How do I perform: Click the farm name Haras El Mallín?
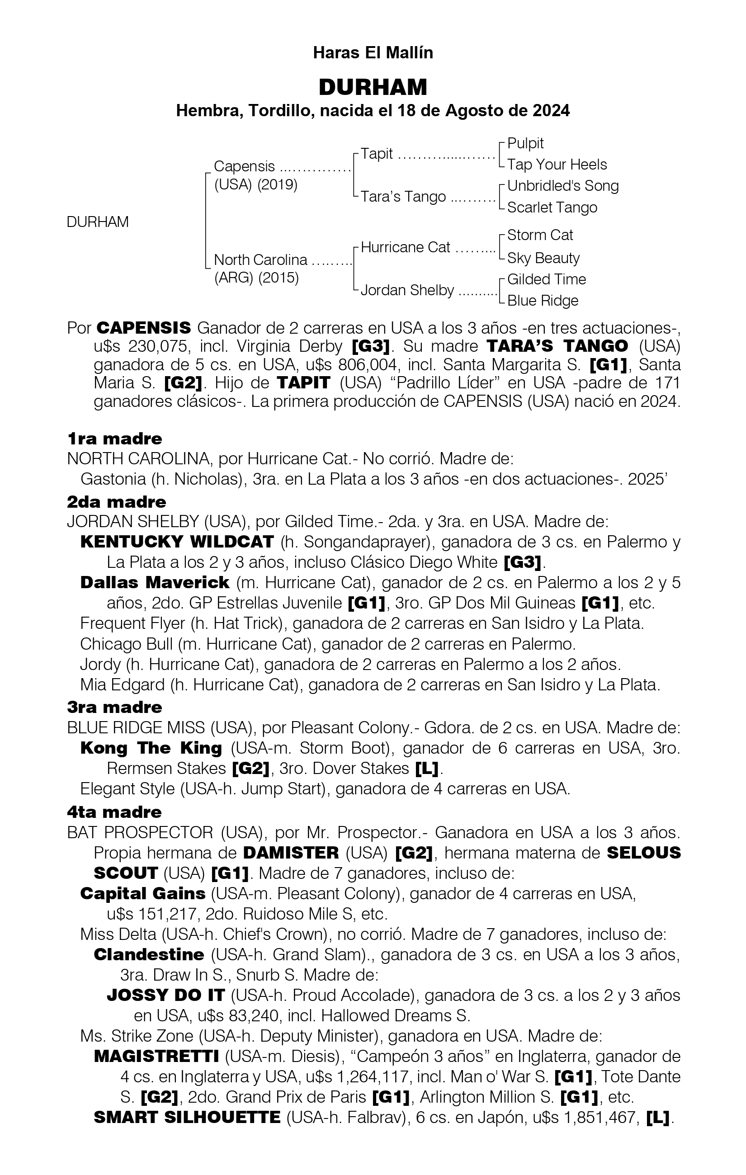tap(373, 53)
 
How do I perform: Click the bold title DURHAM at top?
tap(373, 87)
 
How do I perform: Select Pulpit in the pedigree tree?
tap(525, 143)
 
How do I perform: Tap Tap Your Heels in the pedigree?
tap(557, 165)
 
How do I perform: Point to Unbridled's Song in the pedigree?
tap(562, 186)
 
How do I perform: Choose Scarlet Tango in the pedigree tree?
tap(552, 208)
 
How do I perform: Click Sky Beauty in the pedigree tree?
tap(543, 258)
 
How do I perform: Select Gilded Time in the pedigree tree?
tap(546, 279)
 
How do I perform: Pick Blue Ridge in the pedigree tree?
tap(543, 301)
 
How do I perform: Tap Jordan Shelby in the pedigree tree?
tap(407, 290)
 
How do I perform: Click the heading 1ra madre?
tap(114, 439)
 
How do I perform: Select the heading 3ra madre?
tap(114, 707)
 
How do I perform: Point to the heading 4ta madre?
tap(114, 812)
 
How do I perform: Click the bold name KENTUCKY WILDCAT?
tap(177, 542)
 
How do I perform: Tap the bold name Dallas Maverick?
tap(155, 583)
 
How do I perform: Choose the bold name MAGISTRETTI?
tap(156, 1057)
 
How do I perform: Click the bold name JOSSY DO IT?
tap(165, 995)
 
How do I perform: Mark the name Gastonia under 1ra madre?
tap(113, 479)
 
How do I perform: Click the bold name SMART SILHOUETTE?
tap(187, 1118)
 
